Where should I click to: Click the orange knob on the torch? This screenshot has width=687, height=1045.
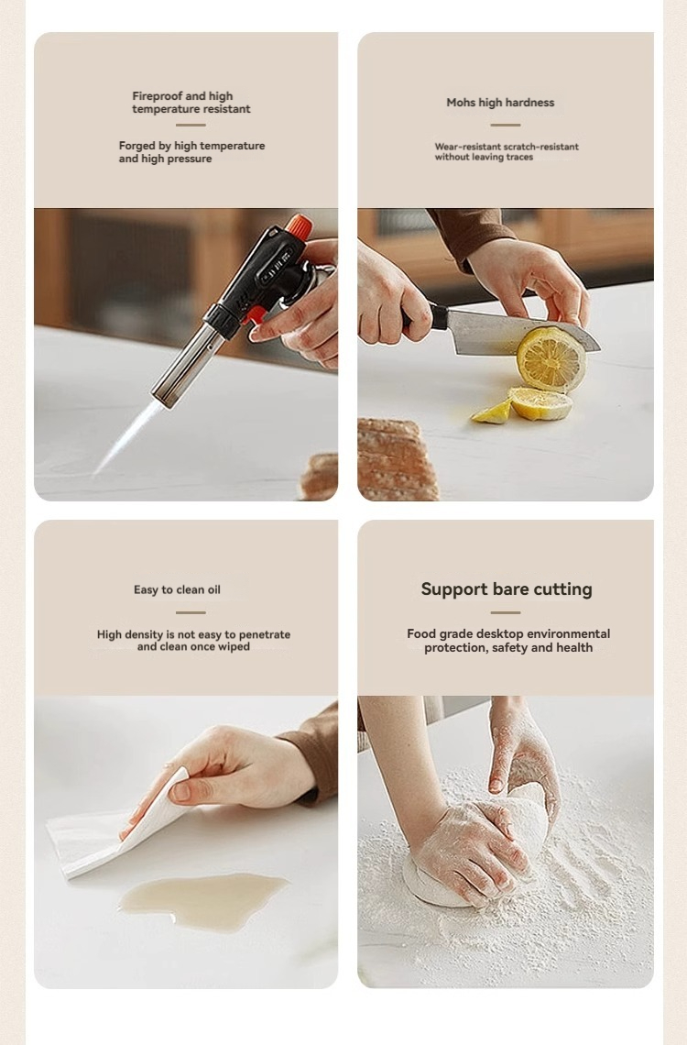pyautogui.click(x=299, y=227)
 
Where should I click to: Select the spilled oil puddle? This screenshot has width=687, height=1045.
pyautogui.click(x=203, y=901)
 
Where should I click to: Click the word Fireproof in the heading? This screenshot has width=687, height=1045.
pyautogui.click(x=158, y=96)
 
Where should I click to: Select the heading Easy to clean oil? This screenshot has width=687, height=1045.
pyautogui.click(x=177, y=589)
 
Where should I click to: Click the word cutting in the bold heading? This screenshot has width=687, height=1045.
pyautogui.click(x=562, y=589)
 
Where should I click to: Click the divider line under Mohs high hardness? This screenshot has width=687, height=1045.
pyautogui.click(x=506, y=125)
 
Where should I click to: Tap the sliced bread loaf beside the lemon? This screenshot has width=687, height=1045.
pyautogui.click(x=398, y=459)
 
